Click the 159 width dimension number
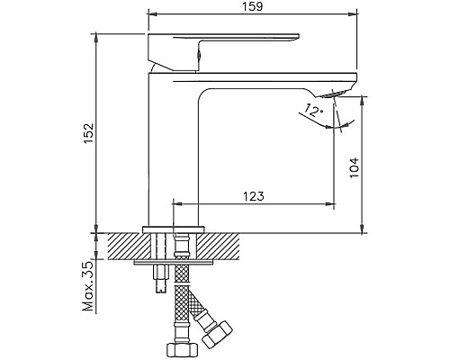(x=252, y=7)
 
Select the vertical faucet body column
(x=173, y=153)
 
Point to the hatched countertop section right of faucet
(x=225, y=245)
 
